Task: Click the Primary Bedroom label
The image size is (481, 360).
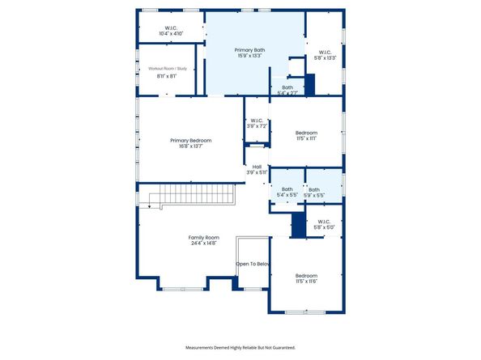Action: [190, 141]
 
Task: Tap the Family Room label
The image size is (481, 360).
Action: [204, 237]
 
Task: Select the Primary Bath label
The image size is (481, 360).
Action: [249, 50]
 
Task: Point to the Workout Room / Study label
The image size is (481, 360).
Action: [167, 70]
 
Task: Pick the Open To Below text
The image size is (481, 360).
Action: [253, 265]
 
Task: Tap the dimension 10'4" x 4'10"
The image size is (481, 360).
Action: [170, 34]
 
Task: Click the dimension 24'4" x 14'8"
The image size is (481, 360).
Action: [204, 243]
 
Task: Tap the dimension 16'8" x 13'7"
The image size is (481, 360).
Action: [190, 146]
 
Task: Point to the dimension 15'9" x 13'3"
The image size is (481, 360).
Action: [249, 56]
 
